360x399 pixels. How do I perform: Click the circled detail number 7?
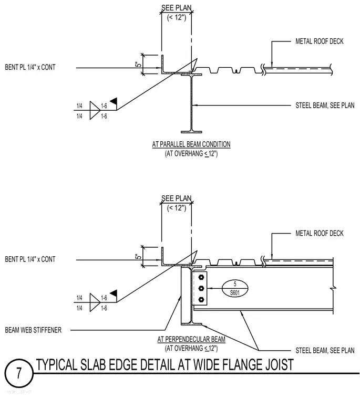coord(19,373)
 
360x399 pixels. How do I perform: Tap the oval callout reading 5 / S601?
coord(234,288)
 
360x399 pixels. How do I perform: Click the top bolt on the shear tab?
coord(201,277)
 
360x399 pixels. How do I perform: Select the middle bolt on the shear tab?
coord(201,288)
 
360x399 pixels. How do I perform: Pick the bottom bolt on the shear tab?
coord(201,299)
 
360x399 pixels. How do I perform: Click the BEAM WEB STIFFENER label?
coord(33,330)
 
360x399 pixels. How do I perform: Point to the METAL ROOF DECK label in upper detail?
coord(319,41)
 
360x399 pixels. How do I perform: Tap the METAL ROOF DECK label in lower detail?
coord(319,233)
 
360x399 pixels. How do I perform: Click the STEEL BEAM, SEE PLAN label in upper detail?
coord(325,106)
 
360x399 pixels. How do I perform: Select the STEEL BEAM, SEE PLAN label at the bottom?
coord(325,350)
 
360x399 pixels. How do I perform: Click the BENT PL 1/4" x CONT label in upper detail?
coord(30,67)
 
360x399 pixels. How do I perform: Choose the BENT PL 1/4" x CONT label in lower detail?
coord(30,259)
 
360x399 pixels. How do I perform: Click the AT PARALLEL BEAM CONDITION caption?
coord(191,144)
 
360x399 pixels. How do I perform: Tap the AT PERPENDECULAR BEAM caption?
coord(191,339)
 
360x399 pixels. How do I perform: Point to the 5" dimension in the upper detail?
coord(138,65)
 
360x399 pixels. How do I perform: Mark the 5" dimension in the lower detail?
coord(138,256)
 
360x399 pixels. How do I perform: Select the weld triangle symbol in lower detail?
coord(95,302)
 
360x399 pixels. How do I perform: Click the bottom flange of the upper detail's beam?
coord(191,132)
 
